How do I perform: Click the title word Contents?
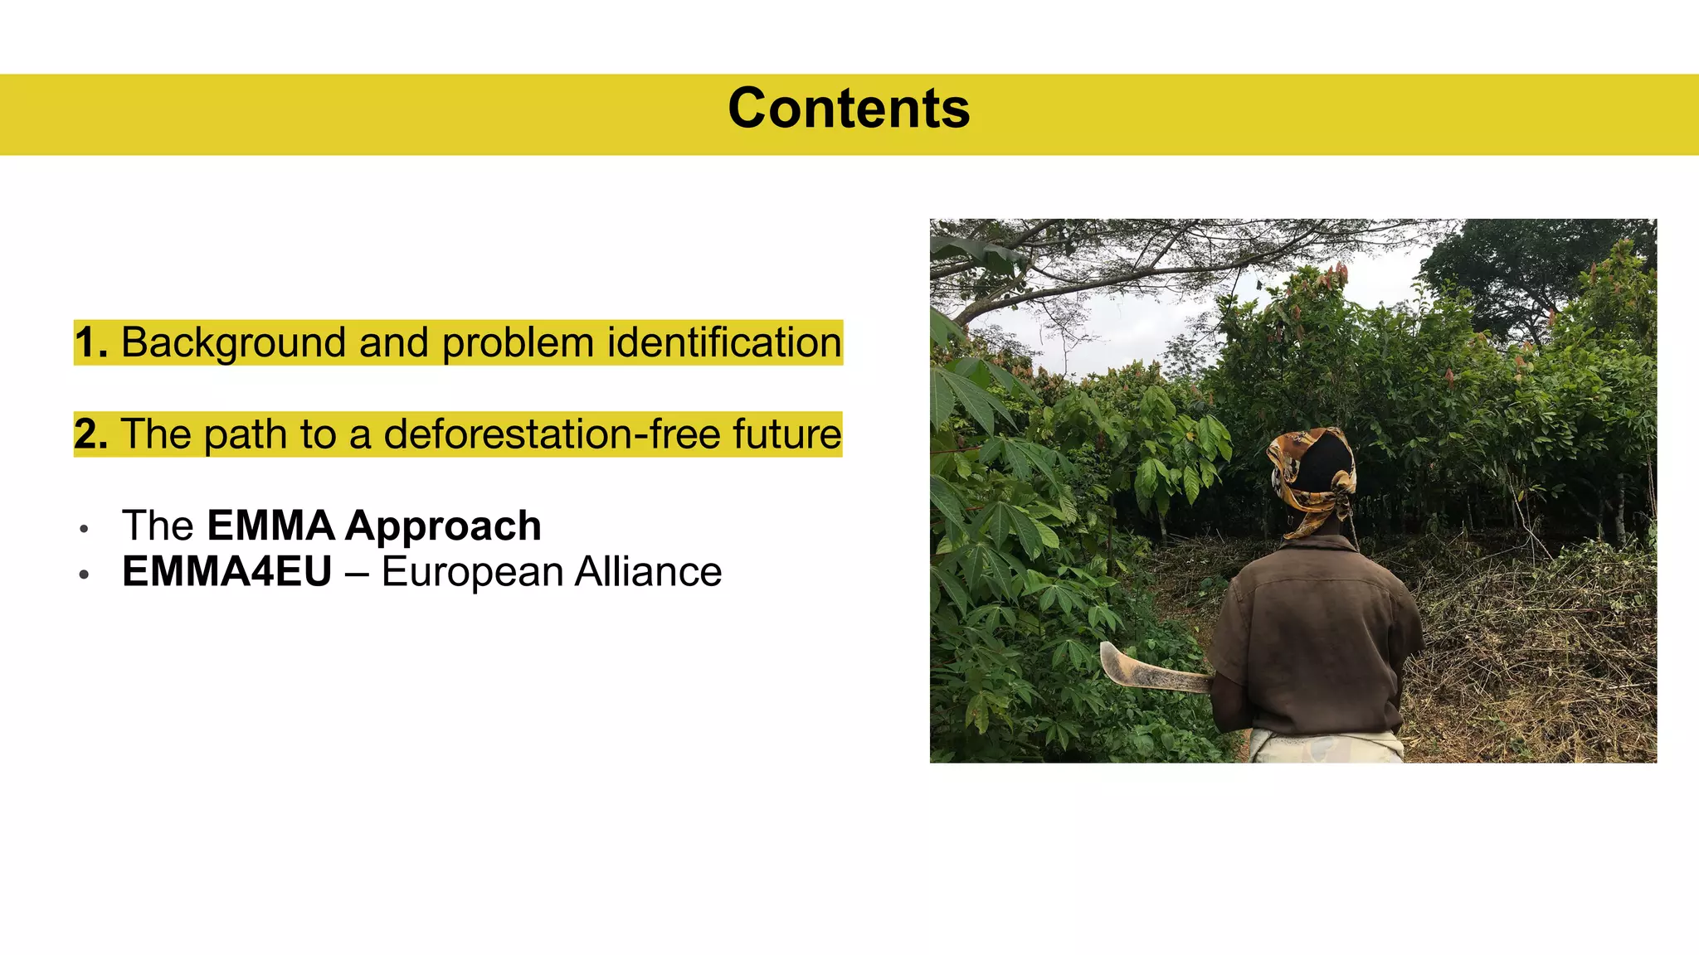tap(849, 109)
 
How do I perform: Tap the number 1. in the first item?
tap(90, 343)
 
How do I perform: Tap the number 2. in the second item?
tap(90, 434)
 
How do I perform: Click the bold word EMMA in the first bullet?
tap(270, 526)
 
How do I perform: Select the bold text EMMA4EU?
tap(226, 572)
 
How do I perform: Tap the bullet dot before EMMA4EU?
tap(84, 574)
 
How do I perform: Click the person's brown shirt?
tap(1319, 638)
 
